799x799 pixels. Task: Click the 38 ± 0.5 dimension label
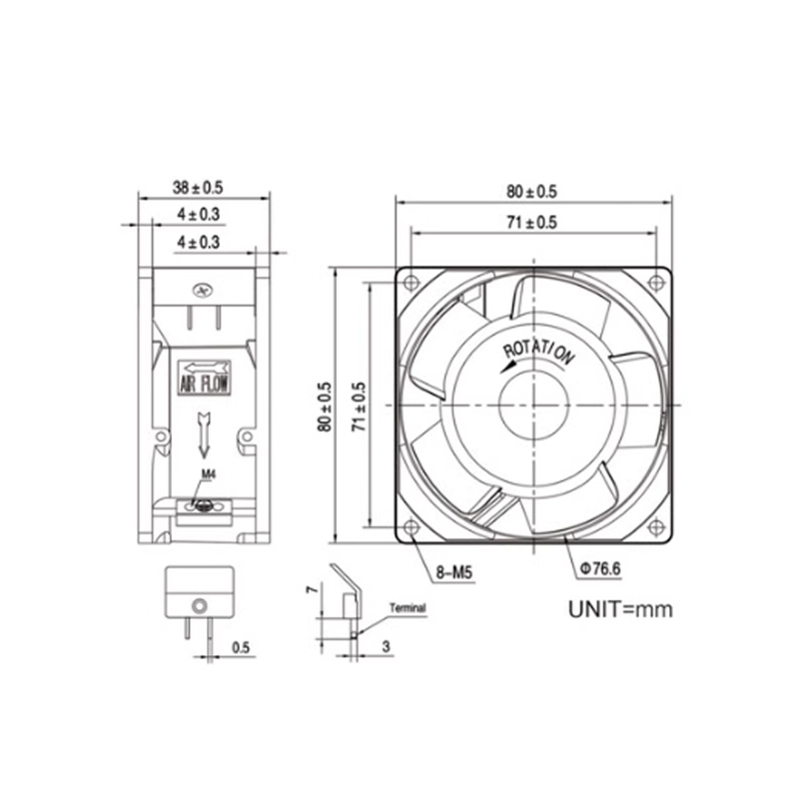(198, 186)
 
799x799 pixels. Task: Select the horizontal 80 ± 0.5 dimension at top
(531, 191)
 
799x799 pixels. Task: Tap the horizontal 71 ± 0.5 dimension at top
(530, 224)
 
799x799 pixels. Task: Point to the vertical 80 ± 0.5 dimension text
(323, 406)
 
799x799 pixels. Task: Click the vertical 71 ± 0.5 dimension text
(358, 406)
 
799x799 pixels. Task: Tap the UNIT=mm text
(619, 608)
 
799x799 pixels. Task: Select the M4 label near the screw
(208, 474)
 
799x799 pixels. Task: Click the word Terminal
(407, 608)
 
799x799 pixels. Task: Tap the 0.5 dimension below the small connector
(241, 647)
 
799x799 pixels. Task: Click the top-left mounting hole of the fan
(410, 282)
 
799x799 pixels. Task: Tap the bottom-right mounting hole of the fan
(655, 530)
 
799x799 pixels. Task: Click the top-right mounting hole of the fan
(655, 282)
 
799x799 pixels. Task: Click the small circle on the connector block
(198, 605)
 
